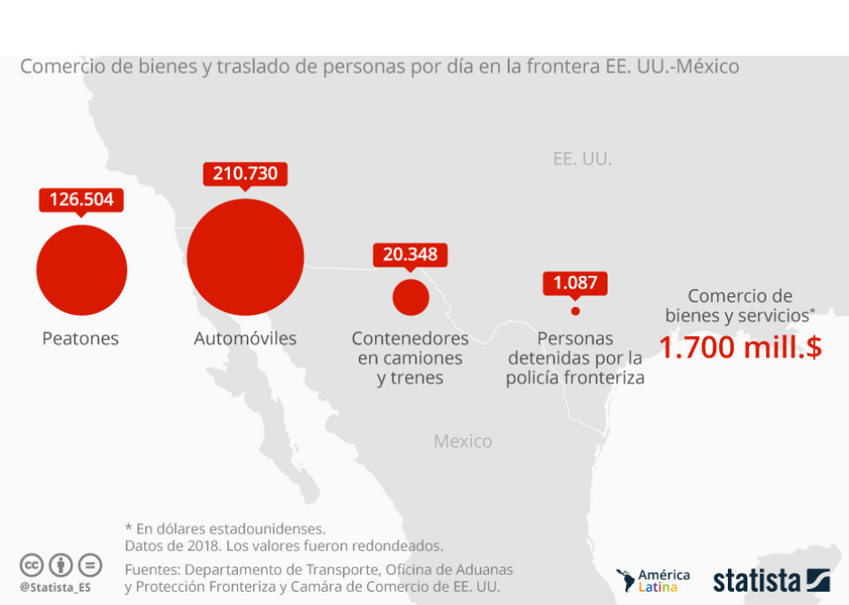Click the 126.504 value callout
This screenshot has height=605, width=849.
coord(81,199)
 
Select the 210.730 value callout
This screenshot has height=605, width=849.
coord(245,173)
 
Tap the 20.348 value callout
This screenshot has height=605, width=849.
coord(410,255)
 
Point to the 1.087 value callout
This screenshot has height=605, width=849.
coord(575,283)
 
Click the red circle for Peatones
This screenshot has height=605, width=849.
coord(81,270)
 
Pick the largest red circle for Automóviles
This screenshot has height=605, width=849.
coord(245,257)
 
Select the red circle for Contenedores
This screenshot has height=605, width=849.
coord(410,297)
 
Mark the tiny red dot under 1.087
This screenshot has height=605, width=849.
coord(575,310)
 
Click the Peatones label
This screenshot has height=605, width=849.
coord(80,339)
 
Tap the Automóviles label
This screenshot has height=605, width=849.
coord(245,339)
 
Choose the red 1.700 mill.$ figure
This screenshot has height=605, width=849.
coord(740,348)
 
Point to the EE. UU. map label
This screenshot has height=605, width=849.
coord(582,159)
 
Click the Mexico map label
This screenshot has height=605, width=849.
coord(463,441)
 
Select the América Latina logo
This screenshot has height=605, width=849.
coord(653,580)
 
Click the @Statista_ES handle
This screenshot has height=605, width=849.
coord(55,586)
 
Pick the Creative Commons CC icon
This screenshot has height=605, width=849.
coord(32,565)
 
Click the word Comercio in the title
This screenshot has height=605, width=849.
coord(58,66)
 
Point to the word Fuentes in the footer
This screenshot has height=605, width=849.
coord(151,570)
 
